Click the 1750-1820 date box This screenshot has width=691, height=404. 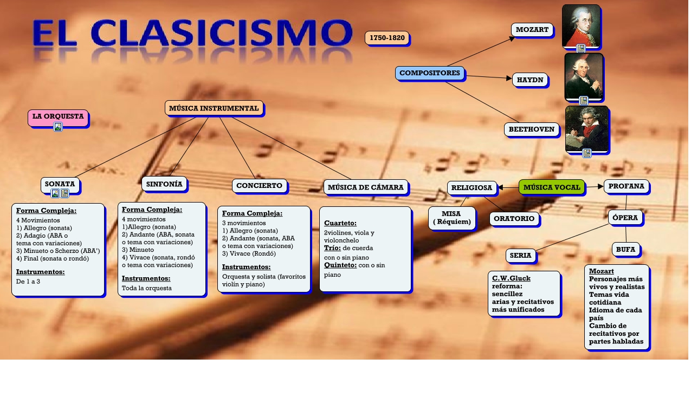coord(387,38)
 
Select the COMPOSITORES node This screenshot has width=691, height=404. coord(430,73)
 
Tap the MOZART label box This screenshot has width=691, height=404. coord(532,30)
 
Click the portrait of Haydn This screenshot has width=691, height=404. coord(584,76)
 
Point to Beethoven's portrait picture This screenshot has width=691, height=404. coord(586,128)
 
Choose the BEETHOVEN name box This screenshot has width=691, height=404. coord(531,129)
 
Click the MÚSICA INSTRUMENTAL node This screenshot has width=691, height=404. coord(214,108)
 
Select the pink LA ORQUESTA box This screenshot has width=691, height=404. coord(57,116)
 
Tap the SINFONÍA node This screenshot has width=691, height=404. coord(164,184)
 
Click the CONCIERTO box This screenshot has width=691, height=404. coord(259,186)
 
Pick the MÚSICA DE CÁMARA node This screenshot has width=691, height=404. coord(366,187)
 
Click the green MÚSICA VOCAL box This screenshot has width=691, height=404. coord(552,187)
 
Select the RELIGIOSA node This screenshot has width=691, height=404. coord(472,188)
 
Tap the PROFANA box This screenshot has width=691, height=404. coord(626,186)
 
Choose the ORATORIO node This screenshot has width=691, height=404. coord(514,219)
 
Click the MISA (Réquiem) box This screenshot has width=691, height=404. coord(451,218)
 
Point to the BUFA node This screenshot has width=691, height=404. coord(625,249)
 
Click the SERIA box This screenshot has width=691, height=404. coord(520,256)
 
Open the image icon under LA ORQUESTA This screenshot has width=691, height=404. coord(58,127)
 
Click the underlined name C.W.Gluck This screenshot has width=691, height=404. coord(511,278)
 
